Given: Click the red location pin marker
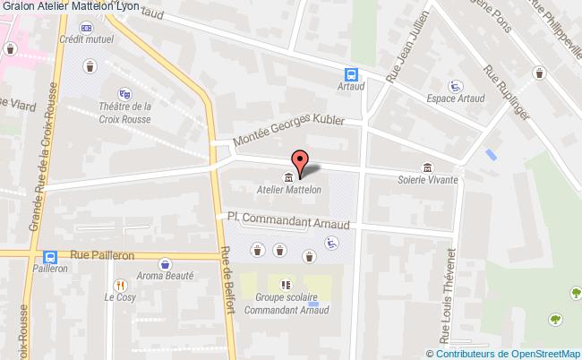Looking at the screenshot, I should coord(301,162).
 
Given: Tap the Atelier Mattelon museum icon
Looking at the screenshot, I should coord(288,176).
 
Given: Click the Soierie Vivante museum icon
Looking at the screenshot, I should coord(428,167).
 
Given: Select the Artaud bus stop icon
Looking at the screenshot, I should coord(353,76).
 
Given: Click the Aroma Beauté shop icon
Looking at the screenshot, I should coord(165,263).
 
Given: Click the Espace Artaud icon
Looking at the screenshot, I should coord(455,86).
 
